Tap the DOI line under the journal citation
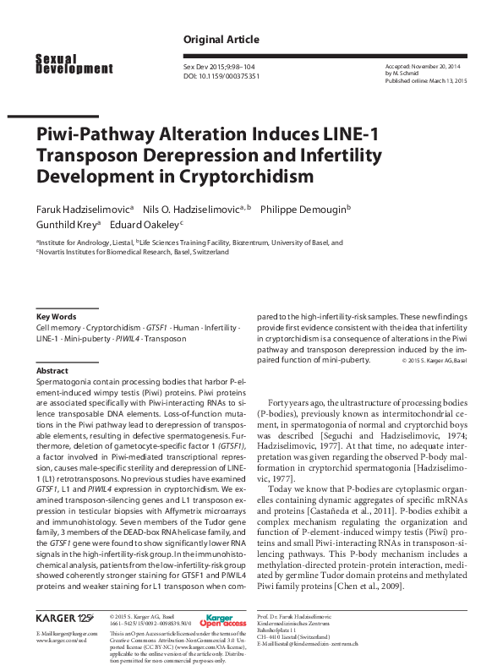221,75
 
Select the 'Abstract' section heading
52,370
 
